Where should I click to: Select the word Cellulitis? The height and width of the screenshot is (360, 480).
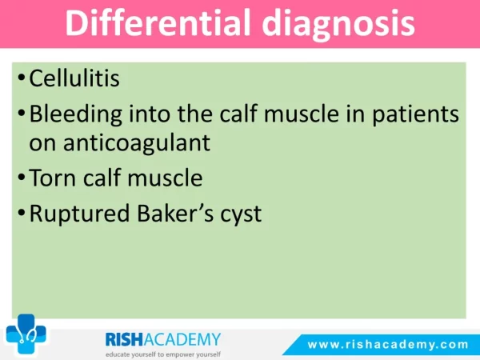(x=74, y=78)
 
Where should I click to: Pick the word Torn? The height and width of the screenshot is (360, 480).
(x=52, y=178)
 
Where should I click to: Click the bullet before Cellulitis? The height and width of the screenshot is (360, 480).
(x=21, y=77)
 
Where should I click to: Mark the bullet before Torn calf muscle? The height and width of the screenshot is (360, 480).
(x=21, y=177)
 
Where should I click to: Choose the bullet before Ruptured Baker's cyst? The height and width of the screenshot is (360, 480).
(x=21, y=212)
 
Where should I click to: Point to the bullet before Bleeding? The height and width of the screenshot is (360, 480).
(x=21, y=114)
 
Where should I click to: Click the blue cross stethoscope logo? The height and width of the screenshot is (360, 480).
(x=26, y=334)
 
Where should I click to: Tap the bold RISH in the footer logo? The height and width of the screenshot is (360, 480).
(x=124, y=339)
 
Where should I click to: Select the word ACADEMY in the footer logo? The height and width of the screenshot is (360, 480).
(x=182, y=339)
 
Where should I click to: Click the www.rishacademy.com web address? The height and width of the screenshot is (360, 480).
(x=388, y=344)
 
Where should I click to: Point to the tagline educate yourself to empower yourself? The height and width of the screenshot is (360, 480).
(x=163, y=354)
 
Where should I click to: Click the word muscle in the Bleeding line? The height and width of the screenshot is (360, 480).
(x=302, y=114)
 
